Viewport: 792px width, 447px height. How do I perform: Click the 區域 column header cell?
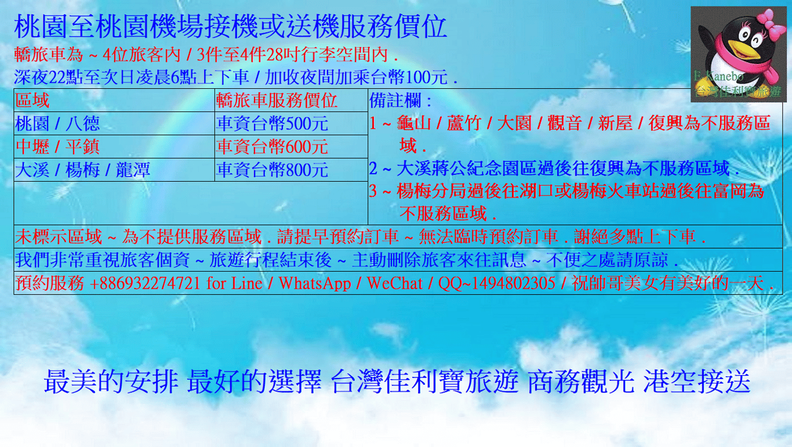pyautogui.click(x=114, y=100)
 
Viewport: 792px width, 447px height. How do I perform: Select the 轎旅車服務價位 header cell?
pyautogui.click(x=291, y=100)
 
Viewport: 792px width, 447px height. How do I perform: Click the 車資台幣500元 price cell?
pyautogui.click(x=291, y=124)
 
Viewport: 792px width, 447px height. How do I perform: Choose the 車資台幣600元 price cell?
pyautogui.click(x=291, y=146)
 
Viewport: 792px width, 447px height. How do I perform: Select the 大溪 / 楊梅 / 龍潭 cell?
pyautogui.click(x=114, y=170)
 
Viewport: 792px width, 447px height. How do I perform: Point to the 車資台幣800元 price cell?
pyautogui.click(x=291, y=170)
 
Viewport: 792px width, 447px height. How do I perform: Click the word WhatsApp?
pyautogui.click(x=315, y=283)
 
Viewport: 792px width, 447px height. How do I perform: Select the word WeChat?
pyautogui.click(x=395, y=283)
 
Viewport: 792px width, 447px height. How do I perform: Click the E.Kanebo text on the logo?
pyautogui.click(x=718, y=75)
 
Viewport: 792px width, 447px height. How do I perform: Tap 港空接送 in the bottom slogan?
pyautogui.click(x=696, y=381)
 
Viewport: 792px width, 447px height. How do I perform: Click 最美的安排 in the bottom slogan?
pyautogui.click(x=111, y=381)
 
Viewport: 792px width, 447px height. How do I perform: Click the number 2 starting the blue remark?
pyautogui.click(x=373, y=168)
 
